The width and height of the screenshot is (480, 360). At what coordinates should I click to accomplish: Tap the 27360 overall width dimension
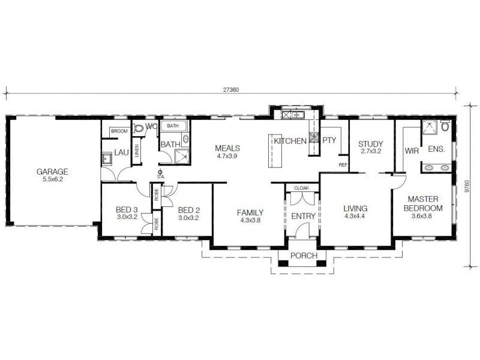pos(230,89)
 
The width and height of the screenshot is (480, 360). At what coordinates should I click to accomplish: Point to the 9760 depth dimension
pos(467,188)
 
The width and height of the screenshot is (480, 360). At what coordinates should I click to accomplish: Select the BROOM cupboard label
pos(118,130)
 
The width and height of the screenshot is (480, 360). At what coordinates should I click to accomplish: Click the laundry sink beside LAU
pos(107,159)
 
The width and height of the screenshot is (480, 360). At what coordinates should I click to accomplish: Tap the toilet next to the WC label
pos(139,127)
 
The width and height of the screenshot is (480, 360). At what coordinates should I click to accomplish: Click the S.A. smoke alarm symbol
pos(160,173)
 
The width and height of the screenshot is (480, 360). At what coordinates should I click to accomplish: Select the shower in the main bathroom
pos(181,156)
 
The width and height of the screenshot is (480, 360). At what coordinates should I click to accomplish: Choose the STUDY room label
pos(370,144)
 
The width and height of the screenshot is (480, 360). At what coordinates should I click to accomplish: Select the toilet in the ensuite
pos(444,127)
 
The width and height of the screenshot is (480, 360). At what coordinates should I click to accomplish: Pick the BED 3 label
pos(127,209)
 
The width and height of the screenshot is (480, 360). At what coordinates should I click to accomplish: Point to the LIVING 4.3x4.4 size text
pos(355,217)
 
